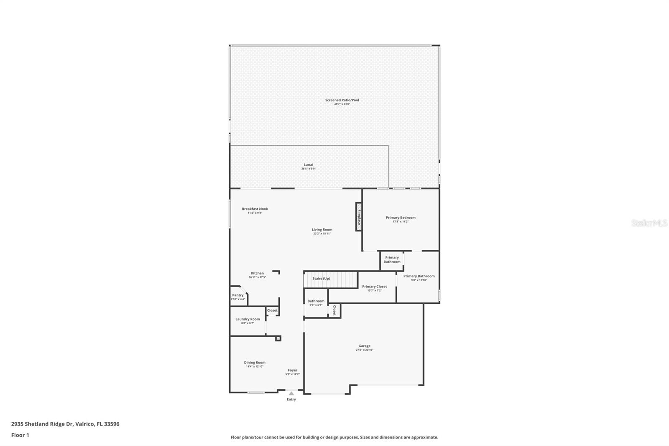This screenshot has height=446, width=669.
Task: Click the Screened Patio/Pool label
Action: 342,100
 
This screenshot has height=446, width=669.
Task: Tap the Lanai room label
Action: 308,165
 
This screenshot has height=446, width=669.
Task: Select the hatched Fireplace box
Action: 358,217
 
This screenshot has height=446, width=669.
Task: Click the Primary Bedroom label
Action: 401,218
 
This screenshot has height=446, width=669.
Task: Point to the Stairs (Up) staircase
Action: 331,279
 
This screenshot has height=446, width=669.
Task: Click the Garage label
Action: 364,346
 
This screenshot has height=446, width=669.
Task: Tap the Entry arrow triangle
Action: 291,393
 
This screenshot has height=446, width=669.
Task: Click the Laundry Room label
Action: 248,319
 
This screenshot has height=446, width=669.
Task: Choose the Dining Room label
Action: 255,363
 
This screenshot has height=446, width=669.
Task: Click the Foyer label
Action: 292,370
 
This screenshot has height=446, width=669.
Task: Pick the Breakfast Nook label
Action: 255,209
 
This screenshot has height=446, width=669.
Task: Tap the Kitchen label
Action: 257,273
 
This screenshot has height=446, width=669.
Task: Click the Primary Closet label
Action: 374,287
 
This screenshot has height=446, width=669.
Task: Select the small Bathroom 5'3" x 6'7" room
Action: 316,302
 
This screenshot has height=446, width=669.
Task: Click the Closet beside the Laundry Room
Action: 272,310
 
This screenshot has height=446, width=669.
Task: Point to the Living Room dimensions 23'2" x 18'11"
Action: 322,233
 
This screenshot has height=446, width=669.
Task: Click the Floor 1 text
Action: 20,435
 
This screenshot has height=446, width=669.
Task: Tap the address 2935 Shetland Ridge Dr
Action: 65,424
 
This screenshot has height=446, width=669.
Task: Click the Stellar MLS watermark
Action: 649,223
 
